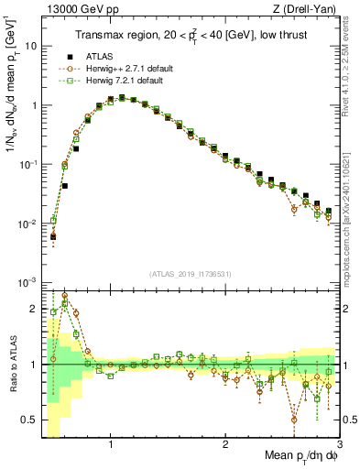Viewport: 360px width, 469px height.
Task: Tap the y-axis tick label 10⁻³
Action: (x=27, y=283)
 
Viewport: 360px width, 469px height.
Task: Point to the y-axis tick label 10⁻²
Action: (x=27, y=224)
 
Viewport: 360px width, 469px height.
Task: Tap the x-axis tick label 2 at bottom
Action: (x=224, y=445)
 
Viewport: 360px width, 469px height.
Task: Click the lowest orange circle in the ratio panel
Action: (x=293, y=420)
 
